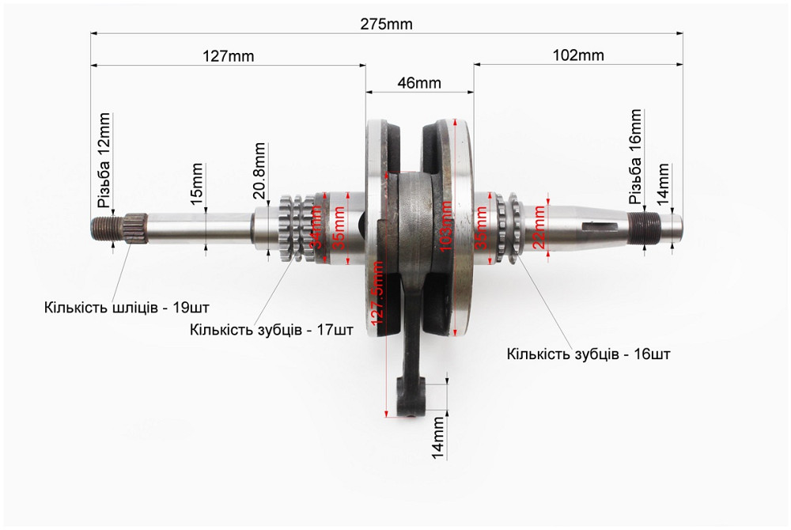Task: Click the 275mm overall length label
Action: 387,24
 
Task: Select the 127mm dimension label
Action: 227,56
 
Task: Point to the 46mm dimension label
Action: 419,83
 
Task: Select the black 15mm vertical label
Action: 198,184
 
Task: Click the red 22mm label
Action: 539,226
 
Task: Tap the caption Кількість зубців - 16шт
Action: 589,354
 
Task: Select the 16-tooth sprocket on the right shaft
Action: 506,229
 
